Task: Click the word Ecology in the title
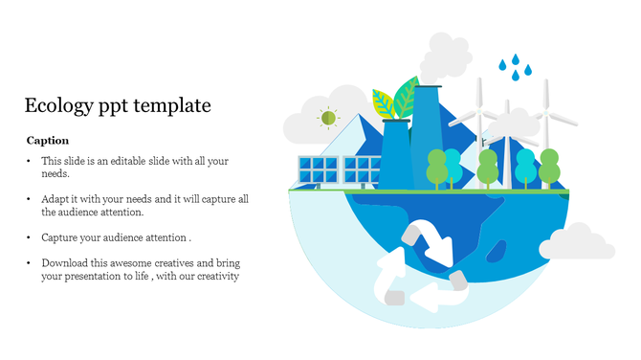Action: click(57, 105)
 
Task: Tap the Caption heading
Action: click(48, 141)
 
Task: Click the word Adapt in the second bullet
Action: click(55, 199)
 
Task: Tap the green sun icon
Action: click(328, 118)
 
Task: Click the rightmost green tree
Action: click(549, 164)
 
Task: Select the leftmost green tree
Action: click(436, 166)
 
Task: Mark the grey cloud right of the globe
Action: click(581, 244)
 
